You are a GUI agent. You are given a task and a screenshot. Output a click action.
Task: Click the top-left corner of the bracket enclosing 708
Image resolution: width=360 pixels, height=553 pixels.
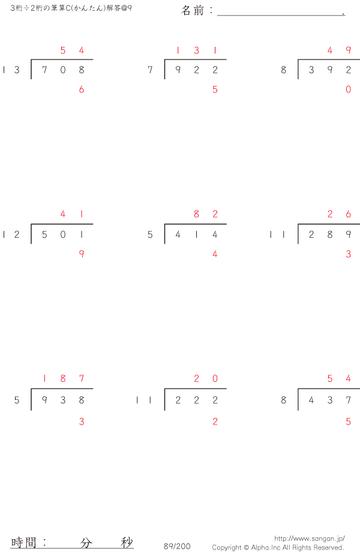point(31,59)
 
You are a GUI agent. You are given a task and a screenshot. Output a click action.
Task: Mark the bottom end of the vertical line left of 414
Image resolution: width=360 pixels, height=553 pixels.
point(164,243)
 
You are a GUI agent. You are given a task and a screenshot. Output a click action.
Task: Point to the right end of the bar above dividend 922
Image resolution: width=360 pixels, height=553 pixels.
point(226,59)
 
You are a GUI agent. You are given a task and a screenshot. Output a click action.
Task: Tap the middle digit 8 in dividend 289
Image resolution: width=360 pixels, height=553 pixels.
point(329,235)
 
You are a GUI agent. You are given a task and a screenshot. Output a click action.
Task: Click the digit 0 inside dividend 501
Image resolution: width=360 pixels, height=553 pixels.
point(63,235)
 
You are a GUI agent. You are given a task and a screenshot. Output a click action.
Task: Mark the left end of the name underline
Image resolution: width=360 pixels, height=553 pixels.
point(217,15)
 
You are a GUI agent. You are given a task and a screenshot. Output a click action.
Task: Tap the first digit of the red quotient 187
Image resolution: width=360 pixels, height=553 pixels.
point(44,378)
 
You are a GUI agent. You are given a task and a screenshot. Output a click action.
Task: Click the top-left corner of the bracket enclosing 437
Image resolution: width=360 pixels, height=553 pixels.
point(298,388)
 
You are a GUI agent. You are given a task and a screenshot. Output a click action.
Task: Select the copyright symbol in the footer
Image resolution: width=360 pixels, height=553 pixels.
point(245,548)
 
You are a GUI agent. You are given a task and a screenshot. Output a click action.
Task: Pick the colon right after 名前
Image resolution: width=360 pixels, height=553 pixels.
point(211,11)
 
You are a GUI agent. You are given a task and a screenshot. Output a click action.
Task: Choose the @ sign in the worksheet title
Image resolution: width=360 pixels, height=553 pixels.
point(124,8)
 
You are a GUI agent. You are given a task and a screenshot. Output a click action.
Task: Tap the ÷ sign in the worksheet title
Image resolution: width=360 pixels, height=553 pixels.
point(26,8)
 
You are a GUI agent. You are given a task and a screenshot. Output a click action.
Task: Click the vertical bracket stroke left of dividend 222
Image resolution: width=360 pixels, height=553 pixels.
point(164,399)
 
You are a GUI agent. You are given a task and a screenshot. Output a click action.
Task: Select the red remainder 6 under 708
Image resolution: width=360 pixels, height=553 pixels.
point(82,89)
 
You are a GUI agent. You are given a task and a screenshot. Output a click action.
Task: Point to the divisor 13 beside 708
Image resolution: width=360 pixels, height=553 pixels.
point(11,70)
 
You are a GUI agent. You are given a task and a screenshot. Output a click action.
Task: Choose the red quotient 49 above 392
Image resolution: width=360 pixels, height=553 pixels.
point(339,50)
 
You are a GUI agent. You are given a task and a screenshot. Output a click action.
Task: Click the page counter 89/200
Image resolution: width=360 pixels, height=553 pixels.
point(177,546)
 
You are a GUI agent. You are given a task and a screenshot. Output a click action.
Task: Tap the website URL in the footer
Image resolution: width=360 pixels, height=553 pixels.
point(310,539)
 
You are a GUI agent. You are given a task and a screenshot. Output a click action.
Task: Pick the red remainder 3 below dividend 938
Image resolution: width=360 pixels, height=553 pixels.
point(82,422)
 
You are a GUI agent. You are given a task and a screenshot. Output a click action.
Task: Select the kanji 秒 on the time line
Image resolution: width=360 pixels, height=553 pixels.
point(127,542)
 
